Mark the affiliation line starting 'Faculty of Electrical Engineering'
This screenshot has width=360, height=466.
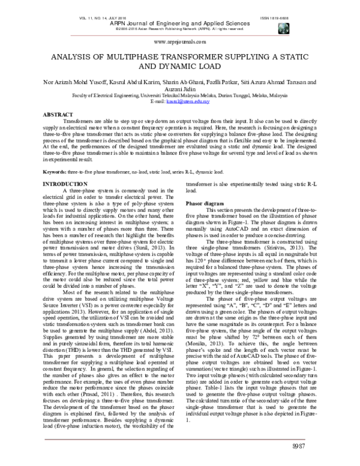tap(181, 95)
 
